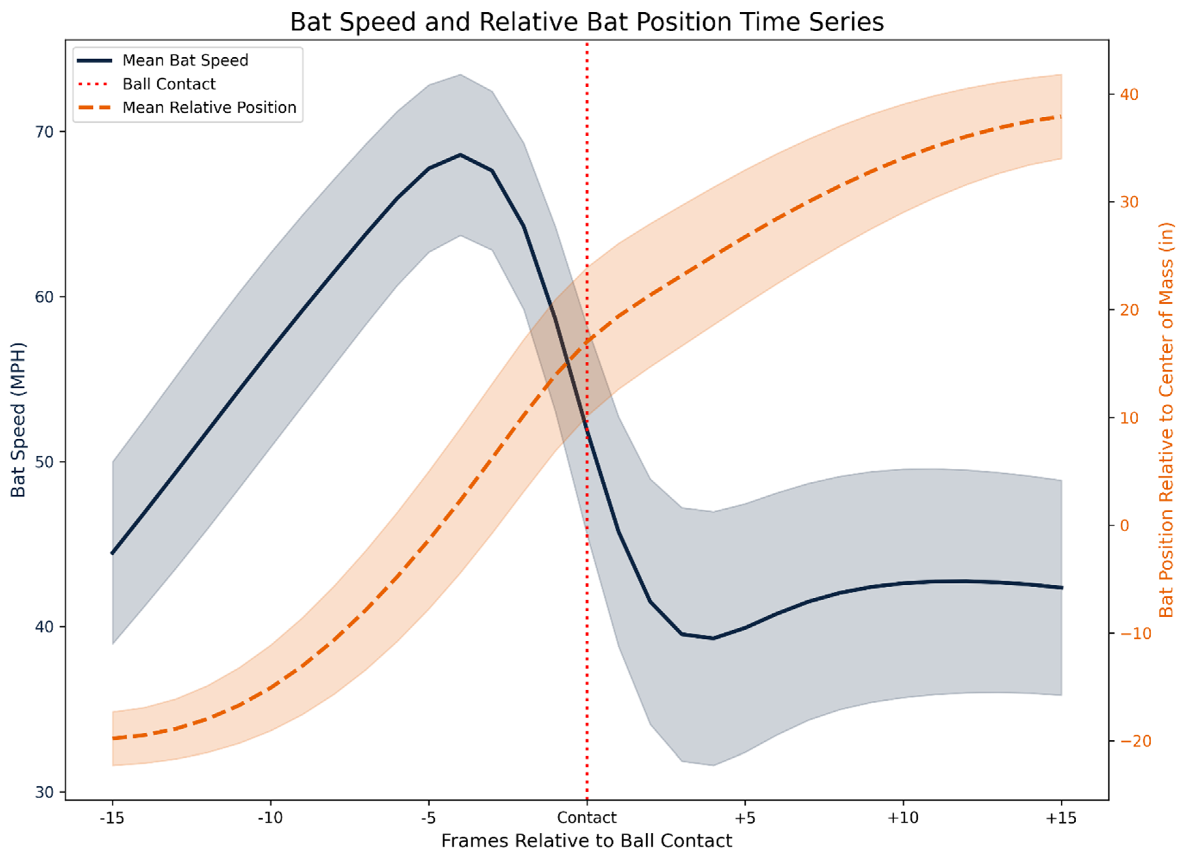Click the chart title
tap(587, 22)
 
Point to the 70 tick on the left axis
tap(45, 132)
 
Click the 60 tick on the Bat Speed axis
tap(45, 297)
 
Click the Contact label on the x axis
tap(587, 817)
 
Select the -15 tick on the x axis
tap(112, 817)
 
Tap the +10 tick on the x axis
tap(903, 817)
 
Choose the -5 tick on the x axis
tap(429, 817)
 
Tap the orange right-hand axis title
tap(1166, 420)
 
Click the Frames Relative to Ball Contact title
tap(587, 841)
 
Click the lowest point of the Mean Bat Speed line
tap(713, 638)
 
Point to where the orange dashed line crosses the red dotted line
tap(587, 342)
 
